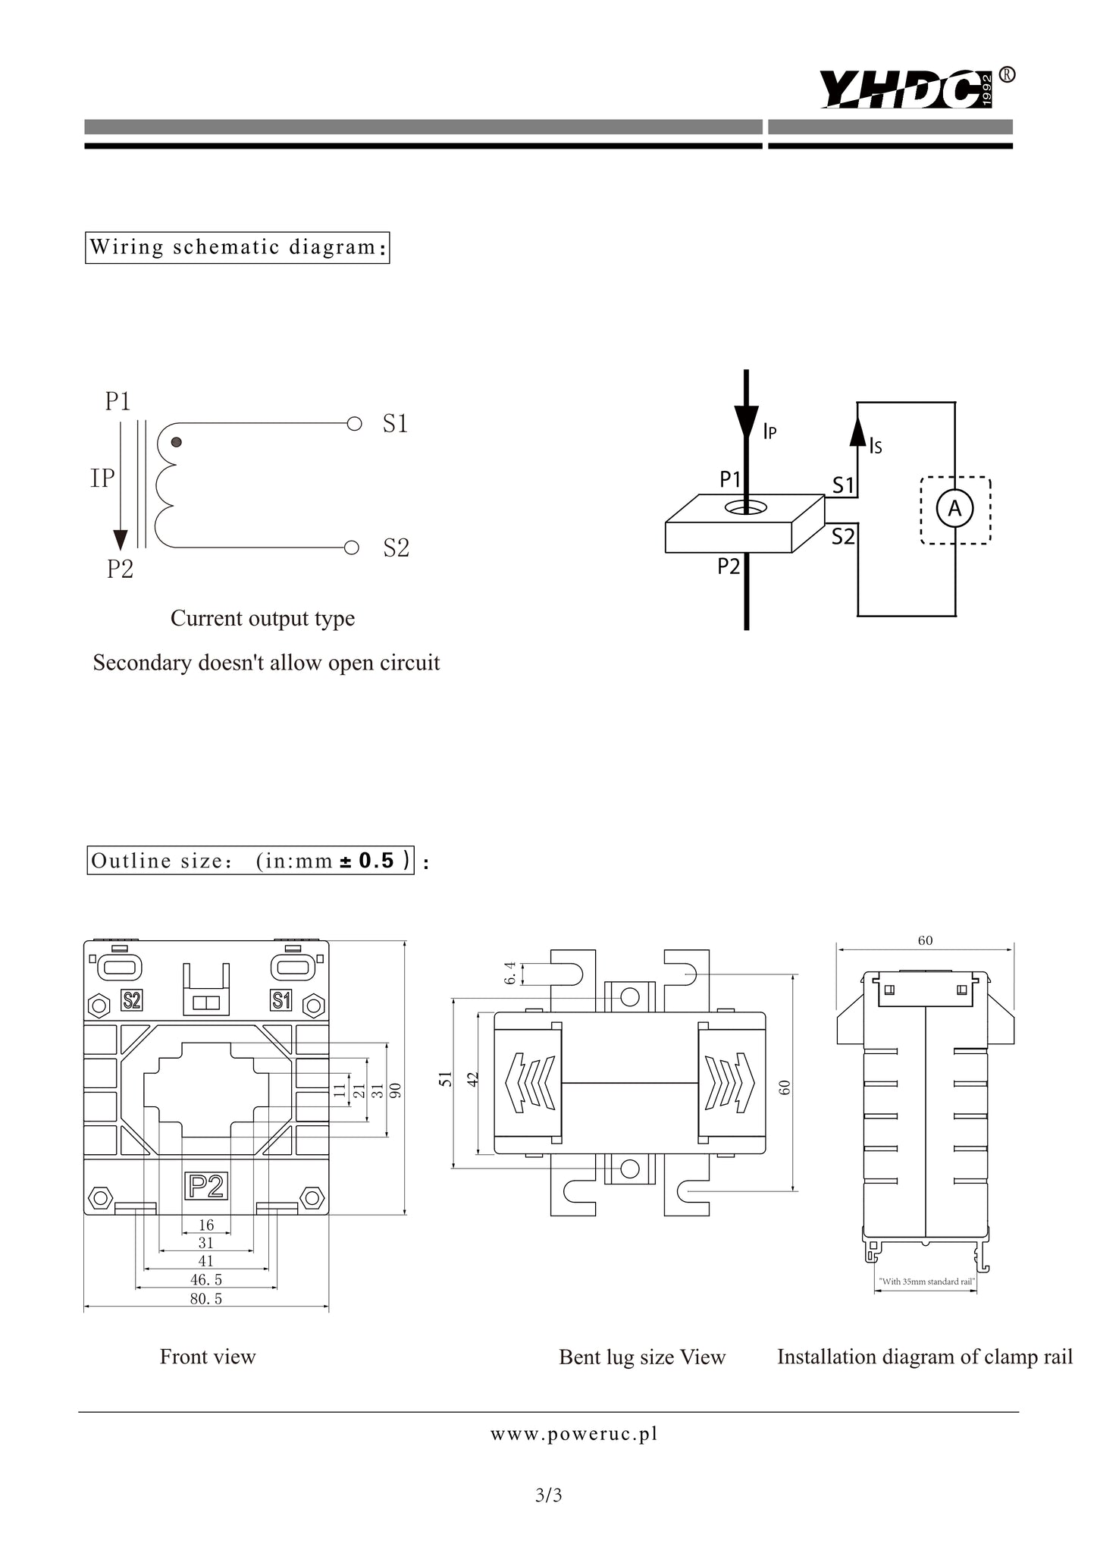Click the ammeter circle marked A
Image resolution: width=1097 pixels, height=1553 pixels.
click(955, 509)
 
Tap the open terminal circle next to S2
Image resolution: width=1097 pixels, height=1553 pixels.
click(351, 547)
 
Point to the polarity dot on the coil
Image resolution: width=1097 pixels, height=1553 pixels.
click(176, 442)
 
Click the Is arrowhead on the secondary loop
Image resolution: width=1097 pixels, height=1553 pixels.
click(857, 431)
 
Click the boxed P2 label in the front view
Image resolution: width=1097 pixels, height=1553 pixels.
click(206, 1186)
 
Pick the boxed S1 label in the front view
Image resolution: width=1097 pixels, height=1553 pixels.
click(281, 1001)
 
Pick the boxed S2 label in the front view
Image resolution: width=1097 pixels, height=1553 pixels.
click(132, 1001)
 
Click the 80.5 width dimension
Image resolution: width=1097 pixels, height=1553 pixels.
click(206, 1298)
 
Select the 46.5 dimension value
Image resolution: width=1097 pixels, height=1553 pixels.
click(206, 1279)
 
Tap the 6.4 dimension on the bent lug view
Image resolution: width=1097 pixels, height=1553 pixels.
click(511, 974)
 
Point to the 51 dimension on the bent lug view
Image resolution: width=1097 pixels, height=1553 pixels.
click(447, 1079)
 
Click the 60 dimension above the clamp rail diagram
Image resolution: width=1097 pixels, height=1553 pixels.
click(925, 940)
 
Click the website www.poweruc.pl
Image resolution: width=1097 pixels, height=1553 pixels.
click(574, 1434)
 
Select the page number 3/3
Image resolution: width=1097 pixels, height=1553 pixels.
click(548, 1496)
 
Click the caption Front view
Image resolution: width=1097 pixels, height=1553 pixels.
click(208, 1357)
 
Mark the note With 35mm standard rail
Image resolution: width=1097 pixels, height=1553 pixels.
click(926, 1282)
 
